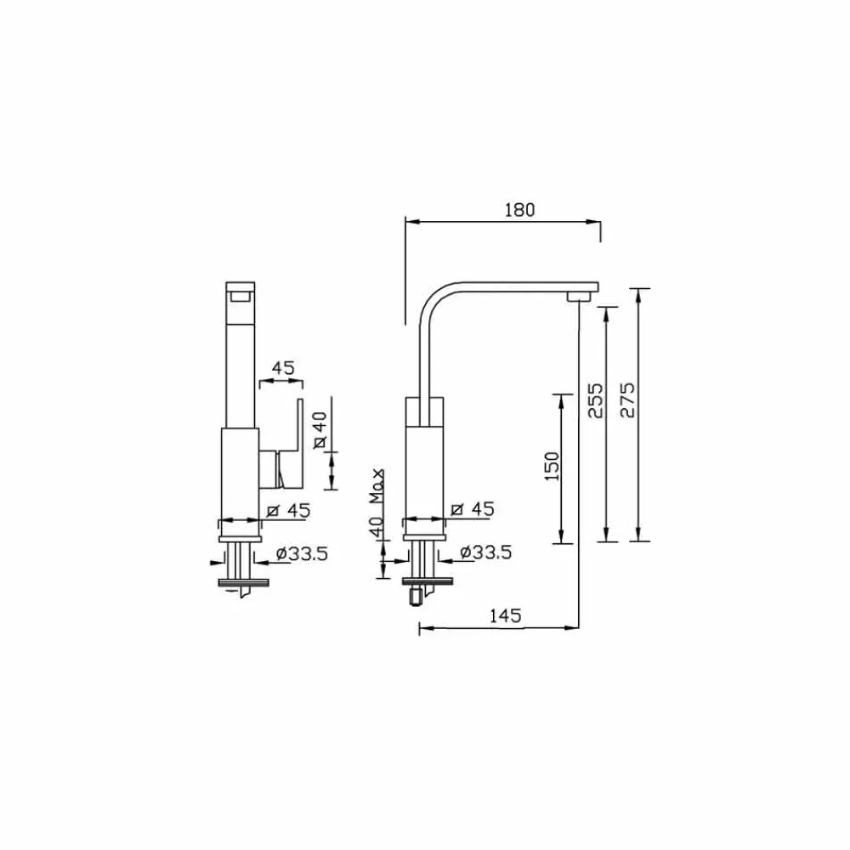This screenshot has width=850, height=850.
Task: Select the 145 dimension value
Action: (504, 616)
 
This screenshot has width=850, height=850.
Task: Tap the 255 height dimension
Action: (595, 399)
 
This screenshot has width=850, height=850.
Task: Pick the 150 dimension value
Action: (550, 467)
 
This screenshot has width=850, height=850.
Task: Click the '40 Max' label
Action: (377, 502)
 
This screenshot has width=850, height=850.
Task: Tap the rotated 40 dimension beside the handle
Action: (320, 429)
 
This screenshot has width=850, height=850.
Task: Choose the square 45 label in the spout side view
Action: (472, 509)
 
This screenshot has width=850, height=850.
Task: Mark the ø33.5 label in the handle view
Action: (301, 553)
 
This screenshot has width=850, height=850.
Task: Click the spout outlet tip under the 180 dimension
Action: (579, 296)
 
